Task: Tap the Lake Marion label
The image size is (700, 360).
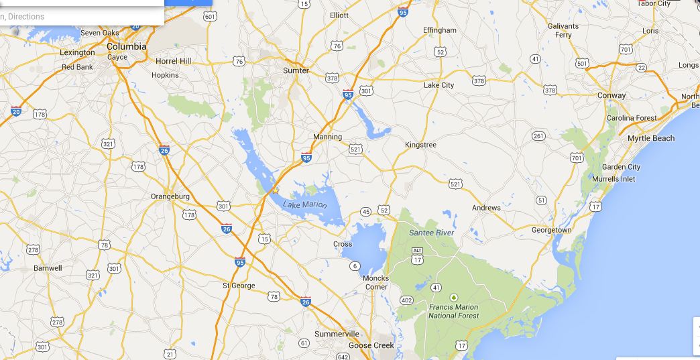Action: click(x=304, y=204)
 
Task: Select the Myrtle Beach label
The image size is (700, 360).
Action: click(x=651, y=138)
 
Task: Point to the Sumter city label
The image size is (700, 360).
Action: click(x=296, y=70)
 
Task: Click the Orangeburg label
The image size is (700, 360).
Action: click(x=170, y=196)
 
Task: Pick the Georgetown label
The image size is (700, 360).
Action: click(x=552, y=230)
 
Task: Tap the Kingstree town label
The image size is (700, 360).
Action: click(x=420, y=145)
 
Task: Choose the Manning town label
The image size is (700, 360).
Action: click(x=327, y=137)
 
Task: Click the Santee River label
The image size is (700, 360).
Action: click(x=432, y=233)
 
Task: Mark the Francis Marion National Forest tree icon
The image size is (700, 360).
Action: click(x=454, y=297)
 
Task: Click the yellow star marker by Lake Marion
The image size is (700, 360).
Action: click(x=275, y=190)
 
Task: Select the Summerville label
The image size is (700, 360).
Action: click(x=337, y=334)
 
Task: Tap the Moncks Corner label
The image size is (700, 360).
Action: click(x=375, y=282)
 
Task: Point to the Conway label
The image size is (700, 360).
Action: click(x=611, y=95)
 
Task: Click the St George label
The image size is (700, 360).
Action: click(x=239, y=286)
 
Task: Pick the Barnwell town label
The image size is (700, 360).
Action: click(x=48, y=268)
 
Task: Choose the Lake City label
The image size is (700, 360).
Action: click(x=439, y=85)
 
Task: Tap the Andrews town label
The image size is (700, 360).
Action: click(x=486, y=208)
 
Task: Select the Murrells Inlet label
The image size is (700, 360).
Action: click(x=614, y=179)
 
